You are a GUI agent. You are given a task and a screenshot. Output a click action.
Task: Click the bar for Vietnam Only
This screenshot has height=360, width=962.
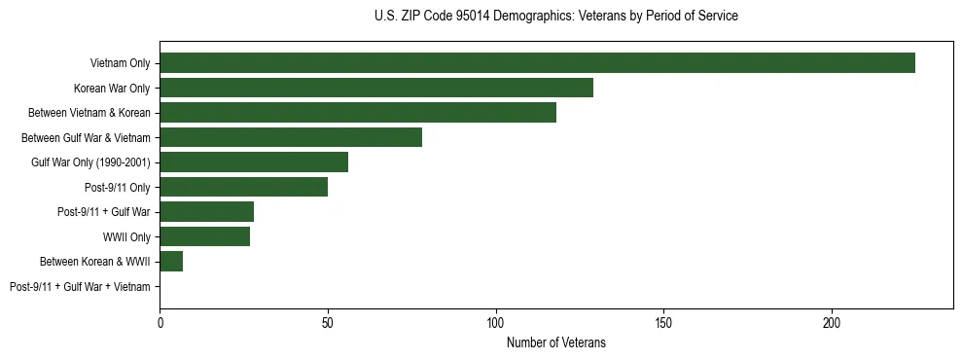[x=537, y=63]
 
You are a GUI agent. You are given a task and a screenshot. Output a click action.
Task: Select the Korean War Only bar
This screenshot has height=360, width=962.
[x=376, y=88]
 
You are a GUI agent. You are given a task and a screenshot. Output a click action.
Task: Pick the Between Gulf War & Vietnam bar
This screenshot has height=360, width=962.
[x=291, y=137]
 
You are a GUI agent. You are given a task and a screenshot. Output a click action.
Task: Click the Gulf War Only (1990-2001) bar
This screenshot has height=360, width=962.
[x=254, y=162]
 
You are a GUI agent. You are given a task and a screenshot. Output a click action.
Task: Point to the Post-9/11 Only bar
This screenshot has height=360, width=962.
[x=244, y=187]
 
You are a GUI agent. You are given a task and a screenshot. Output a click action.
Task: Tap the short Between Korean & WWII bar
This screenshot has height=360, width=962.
[x=171, y=262]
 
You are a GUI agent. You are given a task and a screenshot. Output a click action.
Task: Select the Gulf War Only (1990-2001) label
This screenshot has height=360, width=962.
[x=90, y=162]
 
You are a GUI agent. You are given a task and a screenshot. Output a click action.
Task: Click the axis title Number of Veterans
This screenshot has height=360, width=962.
[x=555, y=342]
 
